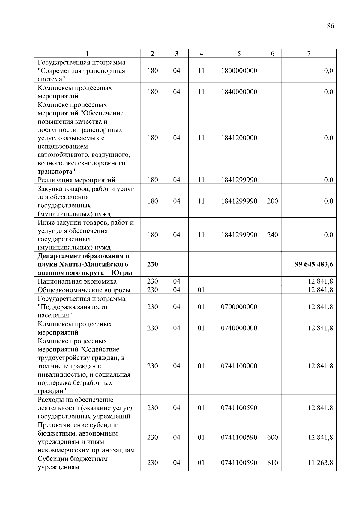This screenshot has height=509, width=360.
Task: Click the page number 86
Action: click(330, 26)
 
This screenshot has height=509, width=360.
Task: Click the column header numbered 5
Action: click(239, 54)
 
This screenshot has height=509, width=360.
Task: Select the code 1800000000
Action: click(239, 71)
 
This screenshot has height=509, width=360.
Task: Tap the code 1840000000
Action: click(239, 92)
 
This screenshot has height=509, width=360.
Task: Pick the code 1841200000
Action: click(239, 138)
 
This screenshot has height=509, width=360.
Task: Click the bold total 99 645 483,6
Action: click(314, 264)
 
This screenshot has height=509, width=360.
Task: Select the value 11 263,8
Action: click(320, 463)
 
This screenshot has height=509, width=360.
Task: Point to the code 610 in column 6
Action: click(272, 463)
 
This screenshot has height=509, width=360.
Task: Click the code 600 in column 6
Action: click(272, 437)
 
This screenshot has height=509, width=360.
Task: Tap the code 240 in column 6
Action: click(272, 235)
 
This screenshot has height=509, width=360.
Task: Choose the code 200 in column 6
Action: click(272, 201)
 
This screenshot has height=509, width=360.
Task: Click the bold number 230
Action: click(152, 264)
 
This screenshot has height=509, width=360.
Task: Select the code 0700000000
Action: click(239, 307)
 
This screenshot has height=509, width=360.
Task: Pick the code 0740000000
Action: click(239, 328)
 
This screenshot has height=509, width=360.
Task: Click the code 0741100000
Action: click(239, 366)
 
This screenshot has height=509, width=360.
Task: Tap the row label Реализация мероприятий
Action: click(76, 180)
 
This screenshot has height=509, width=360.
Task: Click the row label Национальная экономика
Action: click(77, 281)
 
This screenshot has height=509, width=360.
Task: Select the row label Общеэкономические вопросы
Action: click(84, 290)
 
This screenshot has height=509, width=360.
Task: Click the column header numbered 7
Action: click(309, 54)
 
